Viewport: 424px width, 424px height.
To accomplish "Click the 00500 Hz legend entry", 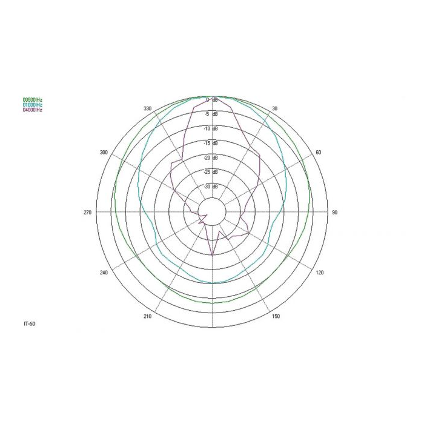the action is [33, 100].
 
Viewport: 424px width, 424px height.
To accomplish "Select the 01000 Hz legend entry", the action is [33, 105].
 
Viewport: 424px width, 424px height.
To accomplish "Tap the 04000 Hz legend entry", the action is [33, 110].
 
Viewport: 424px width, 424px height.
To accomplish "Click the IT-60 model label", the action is [30, 323].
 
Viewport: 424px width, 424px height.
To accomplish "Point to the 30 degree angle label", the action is [274, 108].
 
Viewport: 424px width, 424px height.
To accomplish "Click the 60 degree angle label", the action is [319, 153].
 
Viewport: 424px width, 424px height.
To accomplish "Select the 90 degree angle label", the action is [335, 213].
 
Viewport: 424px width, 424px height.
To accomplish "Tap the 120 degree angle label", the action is [320, 273].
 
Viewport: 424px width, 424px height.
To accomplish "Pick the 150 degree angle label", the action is [276, 316].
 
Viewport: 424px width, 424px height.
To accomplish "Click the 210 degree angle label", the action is [147, 316].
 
